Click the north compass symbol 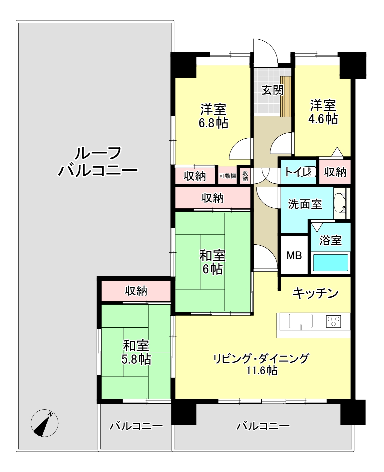pos(45,423)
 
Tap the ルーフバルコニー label pos(98,162)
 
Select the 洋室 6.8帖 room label pos(213,116)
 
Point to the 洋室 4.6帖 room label pos(323,112)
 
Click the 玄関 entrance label pos(272,90)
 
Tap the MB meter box pos(294,255)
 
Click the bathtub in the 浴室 pos(331,263)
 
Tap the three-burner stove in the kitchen pos(333,321)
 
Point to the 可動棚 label pos(227,176)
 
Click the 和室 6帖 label pos(212,262)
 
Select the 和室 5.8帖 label pos(136,352)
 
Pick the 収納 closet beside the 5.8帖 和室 pos(136,291)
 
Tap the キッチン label pos(315,293)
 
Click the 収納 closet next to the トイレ pos(335,172)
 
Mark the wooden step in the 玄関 pos(285,97)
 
